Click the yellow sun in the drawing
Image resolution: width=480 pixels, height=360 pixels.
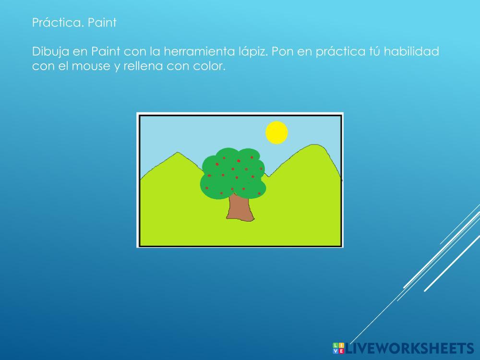click(x=276, y=132)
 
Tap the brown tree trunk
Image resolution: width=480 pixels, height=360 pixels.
click(x=240, y=208)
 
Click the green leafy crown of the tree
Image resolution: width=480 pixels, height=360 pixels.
click(x=233, y=173)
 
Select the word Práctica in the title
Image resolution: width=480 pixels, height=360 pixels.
click(x=58, y=23)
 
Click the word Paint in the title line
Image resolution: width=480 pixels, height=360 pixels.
click(x=102, y=23)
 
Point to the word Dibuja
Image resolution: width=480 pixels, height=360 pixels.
click(x=50, y=52)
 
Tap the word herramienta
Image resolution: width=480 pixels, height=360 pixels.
click(x=199, y=51)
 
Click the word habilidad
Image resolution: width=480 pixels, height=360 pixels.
click(x=411, y=51)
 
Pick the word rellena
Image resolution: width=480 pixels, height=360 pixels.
click(x=143, y=66)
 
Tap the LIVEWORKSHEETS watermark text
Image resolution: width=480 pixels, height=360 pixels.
click(x=409, y=348)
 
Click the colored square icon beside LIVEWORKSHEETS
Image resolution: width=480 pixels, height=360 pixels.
click(x=338, y=348)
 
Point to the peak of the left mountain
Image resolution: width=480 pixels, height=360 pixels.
click(x=178, y=152)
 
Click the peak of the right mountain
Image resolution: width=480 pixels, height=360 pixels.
click(x=314, y=144)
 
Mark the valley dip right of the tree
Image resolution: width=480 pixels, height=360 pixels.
click(x=268, y=176)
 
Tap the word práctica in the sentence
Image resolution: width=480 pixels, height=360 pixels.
click(x=340, y=52)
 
